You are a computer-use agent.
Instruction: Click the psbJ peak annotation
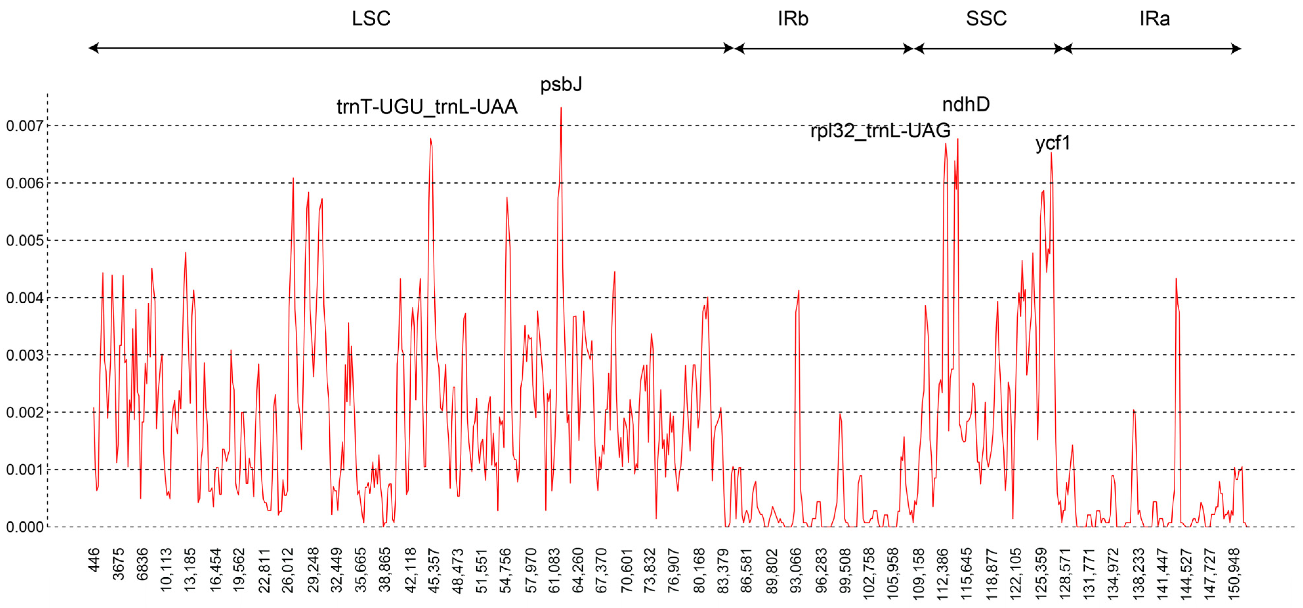tap(561, 84)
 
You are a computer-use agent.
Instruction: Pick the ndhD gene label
tap(966, 105)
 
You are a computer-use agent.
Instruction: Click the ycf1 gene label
tap(1053, 143)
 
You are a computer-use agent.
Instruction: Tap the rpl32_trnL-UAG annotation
tap(880, 131)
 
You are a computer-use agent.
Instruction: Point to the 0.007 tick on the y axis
tap(25, 126)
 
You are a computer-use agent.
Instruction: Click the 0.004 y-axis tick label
tap(25, 298)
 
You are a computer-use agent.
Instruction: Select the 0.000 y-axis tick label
tap(25, 527)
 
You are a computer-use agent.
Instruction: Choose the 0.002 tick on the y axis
tap(25, 413)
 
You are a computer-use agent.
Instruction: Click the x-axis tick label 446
tap(94, 560)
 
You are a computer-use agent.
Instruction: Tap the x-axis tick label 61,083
tap(555, 570)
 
